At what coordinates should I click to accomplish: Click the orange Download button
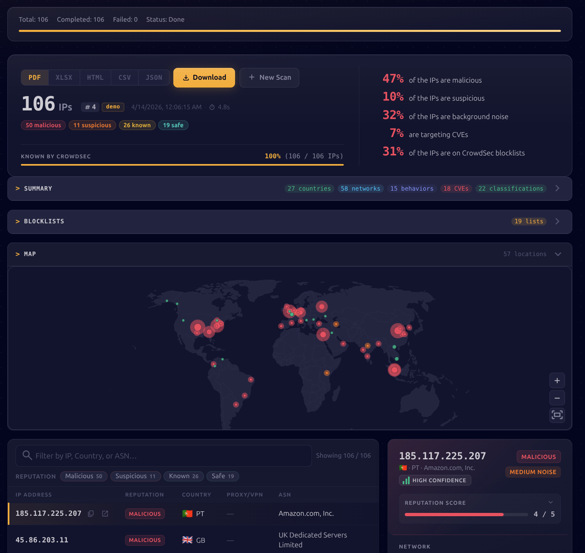click(204, 78)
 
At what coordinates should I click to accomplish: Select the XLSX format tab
click(64, 78)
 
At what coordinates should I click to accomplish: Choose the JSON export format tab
click(154, 78)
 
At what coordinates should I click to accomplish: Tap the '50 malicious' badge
click(43, 125)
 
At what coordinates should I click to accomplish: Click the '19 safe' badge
click(173, 125)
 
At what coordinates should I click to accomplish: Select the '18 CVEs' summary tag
click(456, 189)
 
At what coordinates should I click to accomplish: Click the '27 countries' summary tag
click(309, 189)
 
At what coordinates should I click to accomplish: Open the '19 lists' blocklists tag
click(529, 221)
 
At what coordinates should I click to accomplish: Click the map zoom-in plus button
click(557, 381)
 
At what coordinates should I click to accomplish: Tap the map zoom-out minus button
click(557, 398)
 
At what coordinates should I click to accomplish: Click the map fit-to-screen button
click(557, 415)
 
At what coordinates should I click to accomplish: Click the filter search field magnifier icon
click(27, 455)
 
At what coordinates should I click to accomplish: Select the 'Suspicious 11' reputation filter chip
click(135, 476)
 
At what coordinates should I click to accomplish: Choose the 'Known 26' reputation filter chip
click(184, 476)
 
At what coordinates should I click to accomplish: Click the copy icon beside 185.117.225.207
click(91, 514)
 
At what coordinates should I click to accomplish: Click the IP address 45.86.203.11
click(42, 540)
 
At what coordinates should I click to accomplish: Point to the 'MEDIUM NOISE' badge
click(533, 472)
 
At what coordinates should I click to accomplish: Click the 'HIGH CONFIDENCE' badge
click(435, 480)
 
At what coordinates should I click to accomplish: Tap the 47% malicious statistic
click(393, 79)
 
